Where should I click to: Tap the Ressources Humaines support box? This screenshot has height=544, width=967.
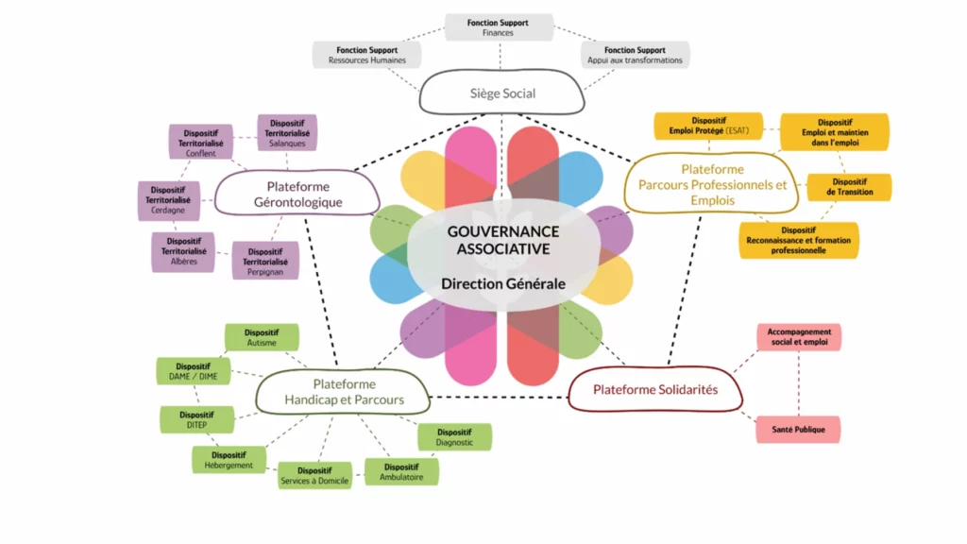click(366, 55)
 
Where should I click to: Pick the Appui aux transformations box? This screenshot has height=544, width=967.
click(635, 55)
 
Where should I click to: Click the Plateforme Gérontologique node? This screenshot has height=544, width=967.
click(297, 195)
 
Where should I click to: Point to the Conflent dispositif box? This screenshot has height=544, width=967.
click(200, 142)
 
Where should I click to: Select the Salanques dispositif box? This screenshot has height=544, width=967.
click(286, 133)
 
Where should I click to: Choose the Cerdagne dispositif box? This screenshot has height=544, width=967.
click(169, 200)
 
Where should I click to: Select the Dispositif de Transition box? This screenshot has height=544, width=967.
click(849, 187)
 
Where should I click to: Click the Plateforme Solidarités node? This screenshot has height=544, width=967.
click(654, 389)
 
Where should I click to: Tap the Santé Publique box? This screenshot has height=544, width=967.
click(798, 430)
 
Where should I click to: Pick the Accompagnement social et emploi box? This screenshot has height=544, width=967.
click(799, 337)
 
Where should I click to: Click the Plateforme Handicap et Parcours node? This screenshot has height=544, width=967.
click(344, 392)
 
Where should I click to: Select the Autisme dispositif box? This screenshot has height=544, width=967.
click(262, 338)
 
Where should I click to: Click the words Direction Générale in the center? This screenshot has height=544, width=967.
click(502, 283)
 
